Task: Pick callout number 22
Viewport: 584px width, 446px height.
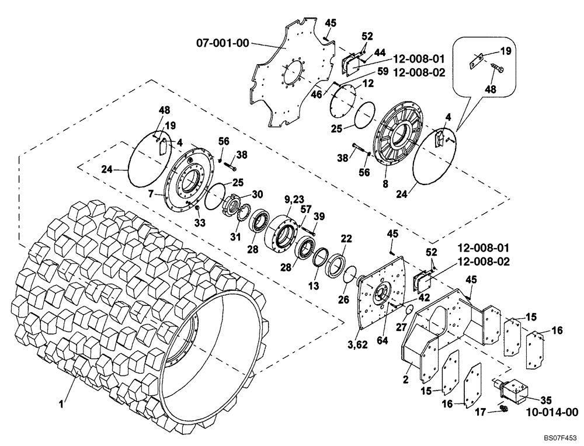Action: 347,238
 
